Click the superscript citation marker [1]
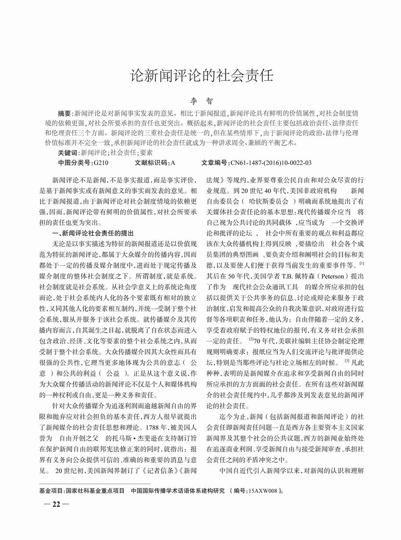point(361,263)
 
